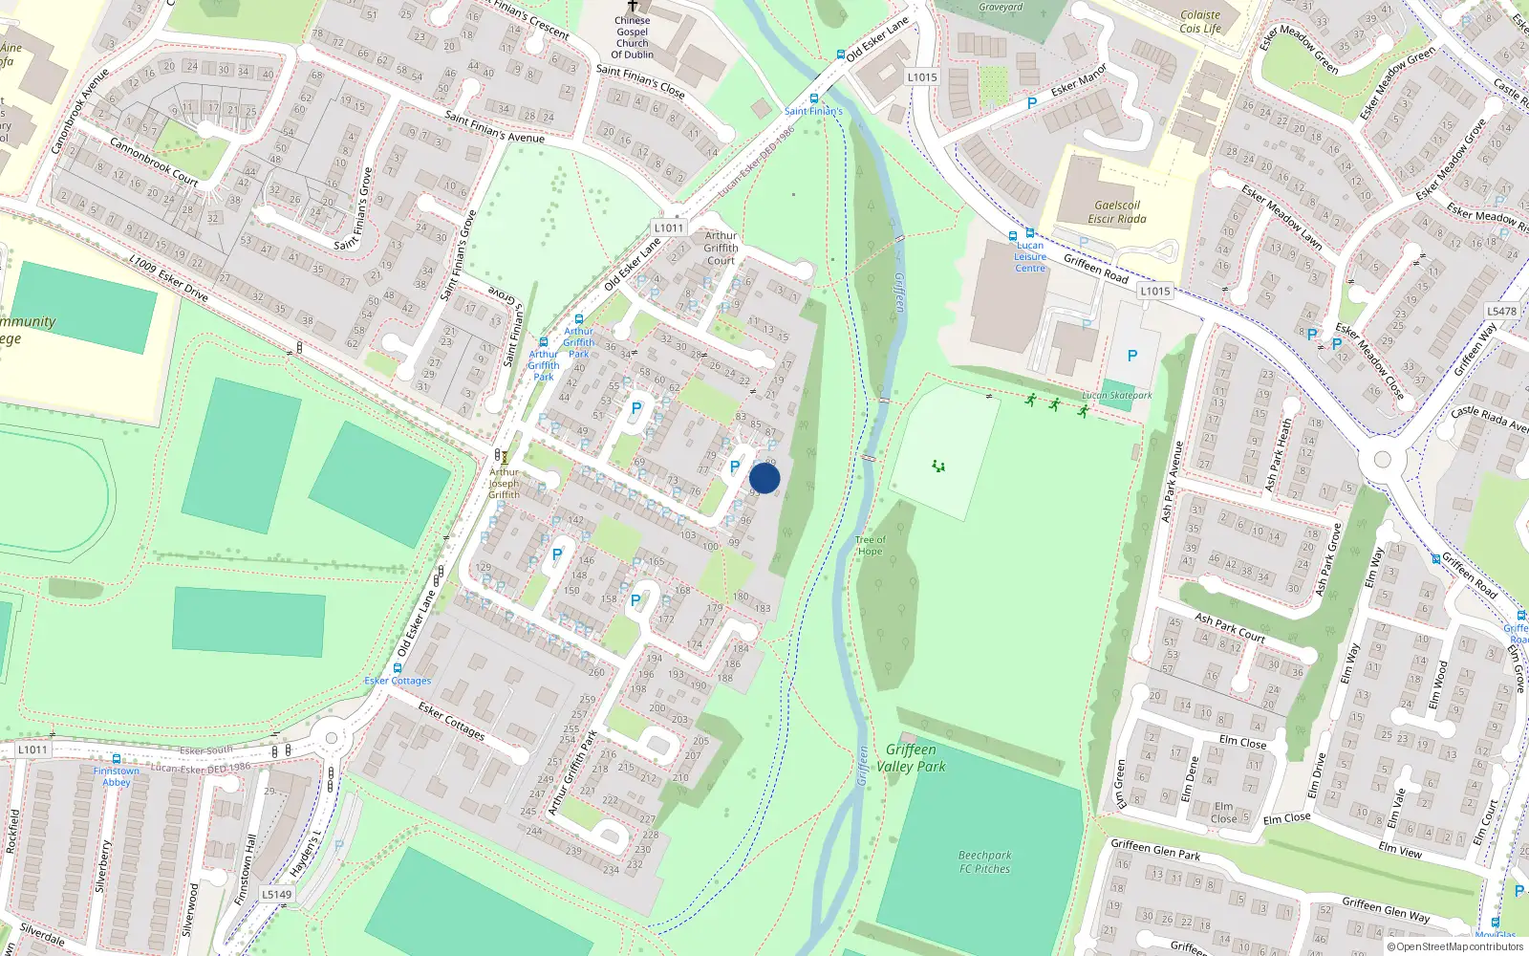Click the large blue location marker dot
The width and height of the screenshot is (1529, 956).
coord(764,478)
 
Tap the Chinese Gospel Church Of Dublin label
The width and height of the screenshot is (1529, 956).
coord(632,37)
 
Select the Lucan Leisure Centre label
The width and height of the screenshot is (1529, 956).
coord(1030,256)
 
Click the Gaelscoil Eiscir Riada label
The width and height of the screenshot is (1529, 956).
coord(1117,211)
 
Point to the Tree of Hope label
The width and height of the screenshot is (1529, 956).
coord(870,545)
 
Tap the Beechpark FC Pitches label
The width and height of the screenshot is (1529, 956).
coord(984,861)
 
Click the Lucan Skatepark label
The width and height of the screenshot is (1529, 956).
coord(1116,395)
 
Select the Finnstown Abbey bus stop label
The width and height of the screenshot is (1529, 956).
coord(117,776)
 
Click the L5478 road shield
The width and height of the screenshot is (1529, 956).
coord(1501,311)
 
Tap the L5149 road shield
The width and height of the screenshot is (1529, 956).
coord(276,895)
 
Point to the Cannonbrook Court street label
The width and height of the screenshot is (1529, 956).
coord(154,162)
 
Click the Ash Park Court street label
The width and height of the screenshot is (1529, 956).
coord(1230,627)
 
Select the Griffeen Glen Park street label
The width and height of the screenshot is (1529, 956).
coord(1155,849)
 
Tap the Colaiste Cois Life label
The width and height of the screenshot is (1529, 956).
coord(1200,21)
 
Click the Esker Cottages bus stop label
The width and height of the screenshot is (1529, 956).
coord(398,681)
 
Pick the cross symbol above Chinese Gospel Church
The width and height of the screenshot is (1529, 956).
coord(632,6)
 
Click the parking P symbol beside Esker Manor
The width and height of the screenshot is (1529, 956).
coord(1032,103)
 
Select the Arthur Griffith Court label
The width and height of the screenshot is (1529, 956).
coord(721,248)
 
